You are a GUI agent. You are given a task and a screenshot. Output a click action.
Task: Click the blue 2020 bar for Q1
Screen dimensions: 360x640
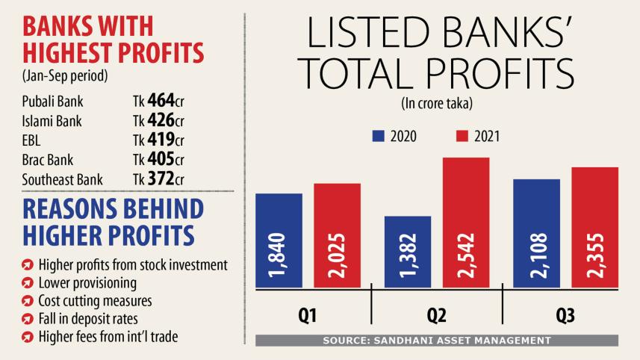coord(279,240)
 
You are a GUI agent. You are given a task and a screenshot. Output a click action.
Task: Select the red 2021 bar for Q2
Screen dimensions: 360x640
coord(466,223)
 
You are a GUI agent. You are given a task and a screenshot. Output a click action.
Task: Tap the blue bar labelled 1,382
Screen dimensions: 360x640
coord(408,252)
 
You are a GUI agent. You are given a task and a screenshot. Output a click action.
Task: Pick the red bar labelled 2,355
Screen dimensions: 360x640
coord(595,228)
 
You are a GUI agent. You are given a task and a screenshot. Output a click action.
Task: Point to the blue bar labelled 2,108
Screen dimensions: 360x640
coord(537,234)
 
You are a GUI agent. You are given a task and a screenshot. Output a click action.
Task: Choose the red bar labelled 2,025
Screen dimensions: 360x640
coord(337,235)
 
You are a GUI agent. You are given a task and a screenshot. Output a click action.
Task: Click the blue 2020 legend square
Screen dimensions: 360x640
coord(378,136)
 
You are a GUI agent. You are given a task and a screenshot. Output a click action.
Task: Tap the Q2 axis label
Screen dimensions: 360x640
coord(437,317)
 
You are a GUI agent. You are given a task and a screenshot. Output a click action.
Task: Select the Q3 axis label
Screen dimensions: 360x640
coord(566,317)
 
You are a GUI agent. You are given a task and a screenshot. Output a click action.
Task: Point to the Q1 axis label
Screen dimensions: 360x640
coord(308,317)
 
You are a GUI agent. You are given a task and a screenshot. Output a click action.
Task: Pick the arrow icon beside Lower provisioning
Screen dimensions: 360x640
coord(27,283)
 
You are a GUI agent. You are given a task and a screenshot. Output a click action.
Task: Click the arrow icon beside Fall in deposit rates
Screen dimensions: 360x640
coord(27,319)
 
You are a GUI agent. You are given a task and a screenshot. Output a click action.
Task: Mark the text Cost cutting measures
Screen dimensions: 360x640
coord(95,301)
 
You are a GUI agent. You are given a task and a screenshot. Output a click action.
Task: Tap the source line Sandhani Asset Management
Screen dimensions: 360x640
coord(436,341)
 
